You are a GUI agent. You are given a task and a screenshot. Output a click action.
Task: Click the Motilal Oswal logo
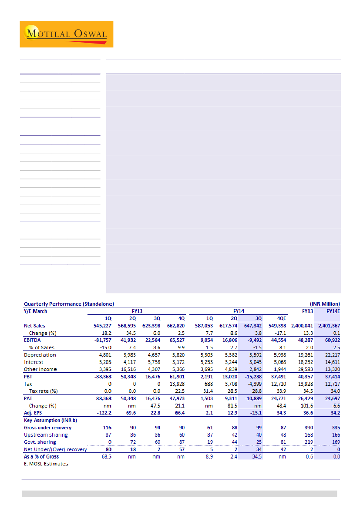tap(66, 34)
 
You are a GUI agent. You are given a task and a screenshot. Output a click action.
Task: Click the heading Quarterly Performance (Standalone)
tap(69, 304)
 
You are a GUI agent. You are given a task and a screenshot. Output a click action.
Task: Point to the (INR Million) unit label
tap(325, 304)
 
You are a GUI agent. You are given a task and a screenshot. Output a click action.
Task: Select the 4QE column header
tap(283, 318)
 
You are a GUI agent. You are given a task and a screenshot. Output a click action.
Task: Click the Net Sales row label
tap(34, 326)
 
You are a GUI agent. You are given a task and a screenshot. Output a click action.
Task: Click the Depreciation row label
tap(40, 355)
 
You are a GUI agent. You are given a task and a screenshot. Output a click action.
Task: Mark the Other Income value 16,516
tap(131, 369)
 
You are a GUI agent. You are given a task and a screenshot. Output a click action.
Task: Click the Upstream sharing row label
tap(46, 435)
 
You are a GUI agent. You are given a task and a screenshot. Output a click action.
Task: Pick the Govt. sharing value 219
tap(307, 442)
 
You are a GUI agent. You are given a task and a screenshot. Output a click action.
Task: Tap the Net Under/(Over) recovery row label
tap(55, 449)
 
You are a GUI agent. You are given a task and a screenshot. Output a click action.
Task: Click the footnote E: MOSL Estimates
tap(46, 464)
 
